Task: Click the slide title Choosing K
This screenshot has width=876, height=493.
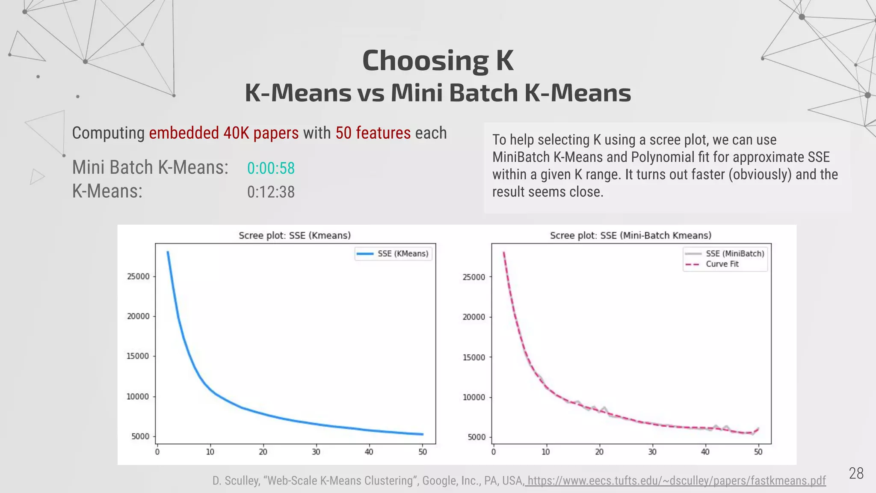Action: click(438, 60)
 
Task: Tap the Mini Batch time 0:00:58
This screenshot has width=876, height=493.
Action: click(271, 168)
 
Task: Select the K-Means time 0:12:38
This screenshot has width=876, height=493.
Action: click(271, 192)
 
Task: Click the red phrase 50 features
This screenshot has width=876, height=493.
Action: click(373, 133)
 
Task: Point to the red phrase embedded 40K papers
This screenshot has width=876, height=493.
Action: click(224, 133)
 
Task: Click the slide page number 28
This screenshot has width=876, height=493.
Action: click(856, 473)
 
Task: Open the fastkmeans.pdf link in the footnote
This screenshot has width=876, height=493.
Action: click(676, 481)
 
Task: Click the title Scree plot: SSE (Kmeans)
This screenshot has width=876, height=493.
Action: click(294, 235)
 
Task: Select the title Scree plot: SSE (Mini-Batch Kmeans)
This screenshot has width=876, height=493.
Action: click(630, 235)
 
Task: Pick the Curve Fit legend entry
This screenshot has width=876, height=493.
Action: click(722, 264)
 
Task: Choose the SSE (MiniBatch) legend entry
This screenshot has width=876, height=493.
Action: click(734, 254)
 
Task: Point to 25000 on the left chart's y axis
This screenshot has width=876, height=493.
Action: click(138, 276)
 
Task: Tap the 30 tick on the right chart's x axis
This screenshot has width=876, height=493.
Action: click(652, 452)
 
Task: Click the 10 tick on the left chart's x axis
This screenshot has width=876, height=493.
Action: click(210, 452)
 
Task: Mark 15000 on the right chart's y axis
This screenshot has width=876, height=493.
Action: click(474, 357)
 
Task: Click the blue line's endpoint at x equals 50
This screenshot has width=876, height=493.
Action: click(422, 434)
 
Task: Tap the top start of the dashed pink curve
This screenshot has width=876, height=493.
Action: click(504, 252)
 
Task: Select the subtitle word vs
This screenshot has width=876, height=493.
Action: click(370, 93)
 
